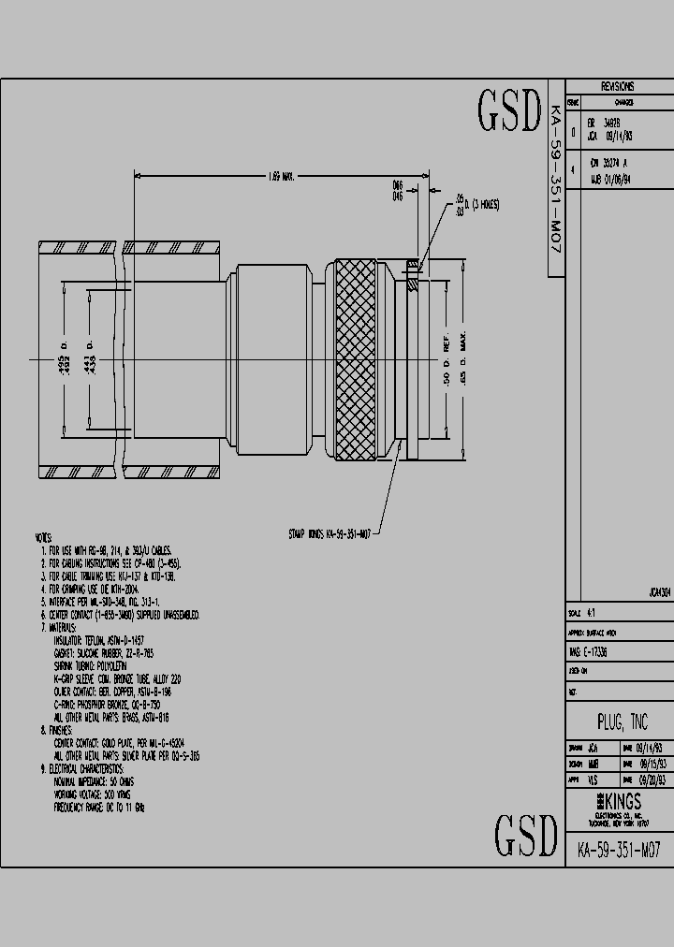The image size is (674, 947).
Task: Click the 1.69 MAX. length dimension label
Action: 281,176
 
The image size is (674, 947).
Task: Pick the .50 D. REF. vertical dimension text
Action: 447,360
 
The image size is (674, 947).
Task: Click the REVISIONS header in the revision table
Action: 617,85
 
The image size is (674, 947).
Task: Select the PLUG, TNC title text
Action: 623,722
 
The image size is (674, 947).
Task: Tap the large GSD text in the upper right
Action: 510,112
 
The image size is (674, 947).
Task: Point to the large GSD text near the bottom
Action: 527,835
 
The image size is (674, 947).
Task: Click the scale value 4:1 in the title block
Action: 591,614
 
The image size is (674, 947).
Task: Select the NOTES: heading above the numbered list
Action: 43,539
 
